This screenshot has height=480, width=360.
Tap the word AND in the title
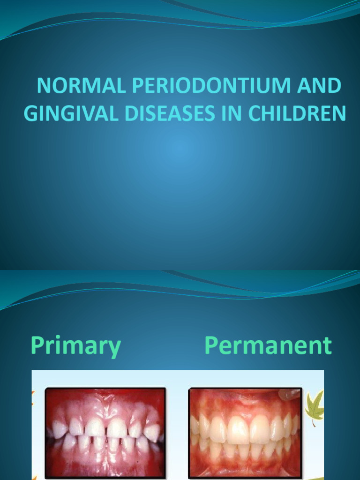[319, 86]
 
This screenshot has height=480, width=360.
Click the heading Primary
[76, 347]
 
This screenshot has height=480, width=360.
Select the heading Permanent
[268, 346]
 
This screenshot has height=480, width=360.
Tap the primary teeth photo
[105, 432]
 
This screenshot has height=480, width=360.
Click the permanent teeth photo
[245, 432]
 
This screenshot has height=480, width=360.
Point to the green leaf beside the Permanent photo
[315, 406]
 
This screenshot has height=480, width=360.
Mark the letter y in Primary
[114, 349]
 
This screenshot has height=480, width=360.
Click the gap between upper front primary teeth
[106, 427]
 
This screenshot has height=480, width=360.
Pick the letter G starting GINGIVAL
[31, 113]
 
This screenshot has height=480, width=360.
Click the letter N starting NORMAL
[44, 86]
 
